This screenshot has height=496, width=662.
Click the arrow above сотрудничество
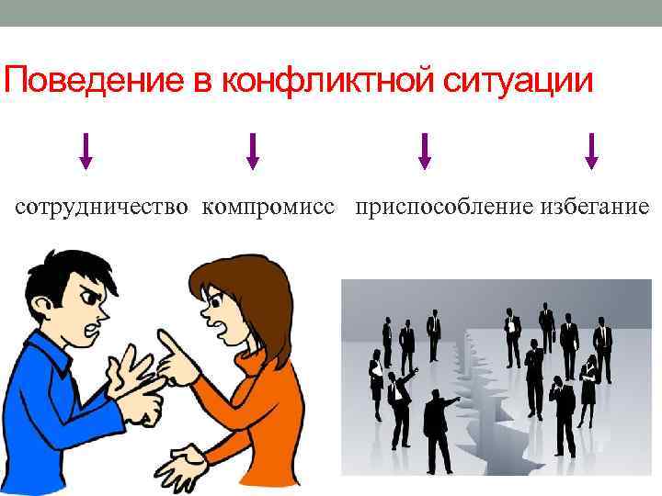click(x=86, y=152)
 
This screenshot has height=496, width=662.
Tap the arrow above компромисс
click(x=253, y=152)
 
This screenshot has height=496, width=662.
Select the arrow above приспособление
click(x=424, y=152)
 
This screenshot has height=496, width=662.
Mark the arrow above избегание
click(x=591, y=152)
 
